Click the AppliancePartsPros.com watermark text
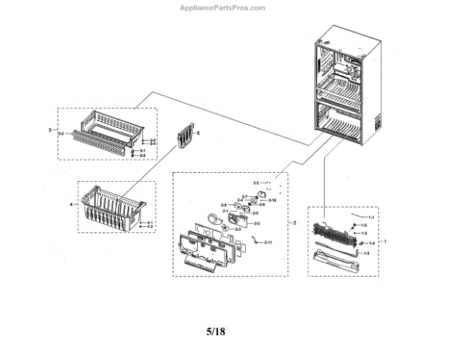point(225,8)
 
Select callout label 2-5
point(257,223)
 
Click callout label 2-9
point(223,205)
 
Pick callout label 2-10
point(272,201)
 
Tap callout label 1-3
point(366,253)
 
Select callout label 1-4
point(371,243)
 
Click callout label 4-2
point(150,226)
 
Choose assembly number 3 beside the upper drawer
point(50,130)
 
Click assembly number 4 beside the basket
point(71,204)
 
